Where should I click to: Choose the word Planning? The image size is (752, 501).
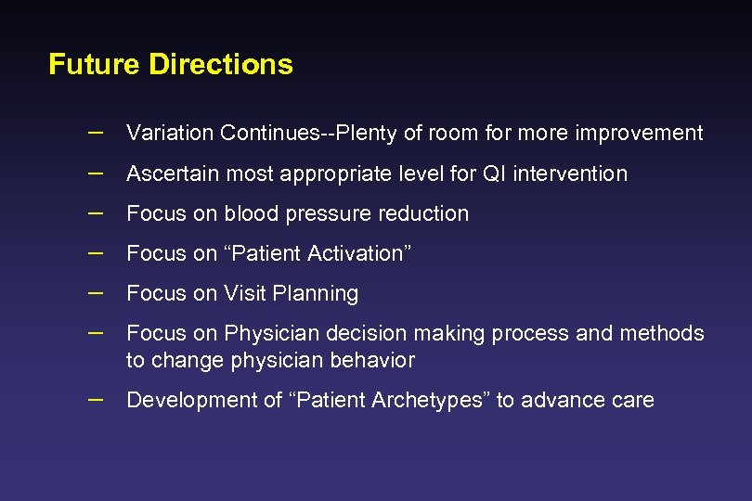pos(315,293)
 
